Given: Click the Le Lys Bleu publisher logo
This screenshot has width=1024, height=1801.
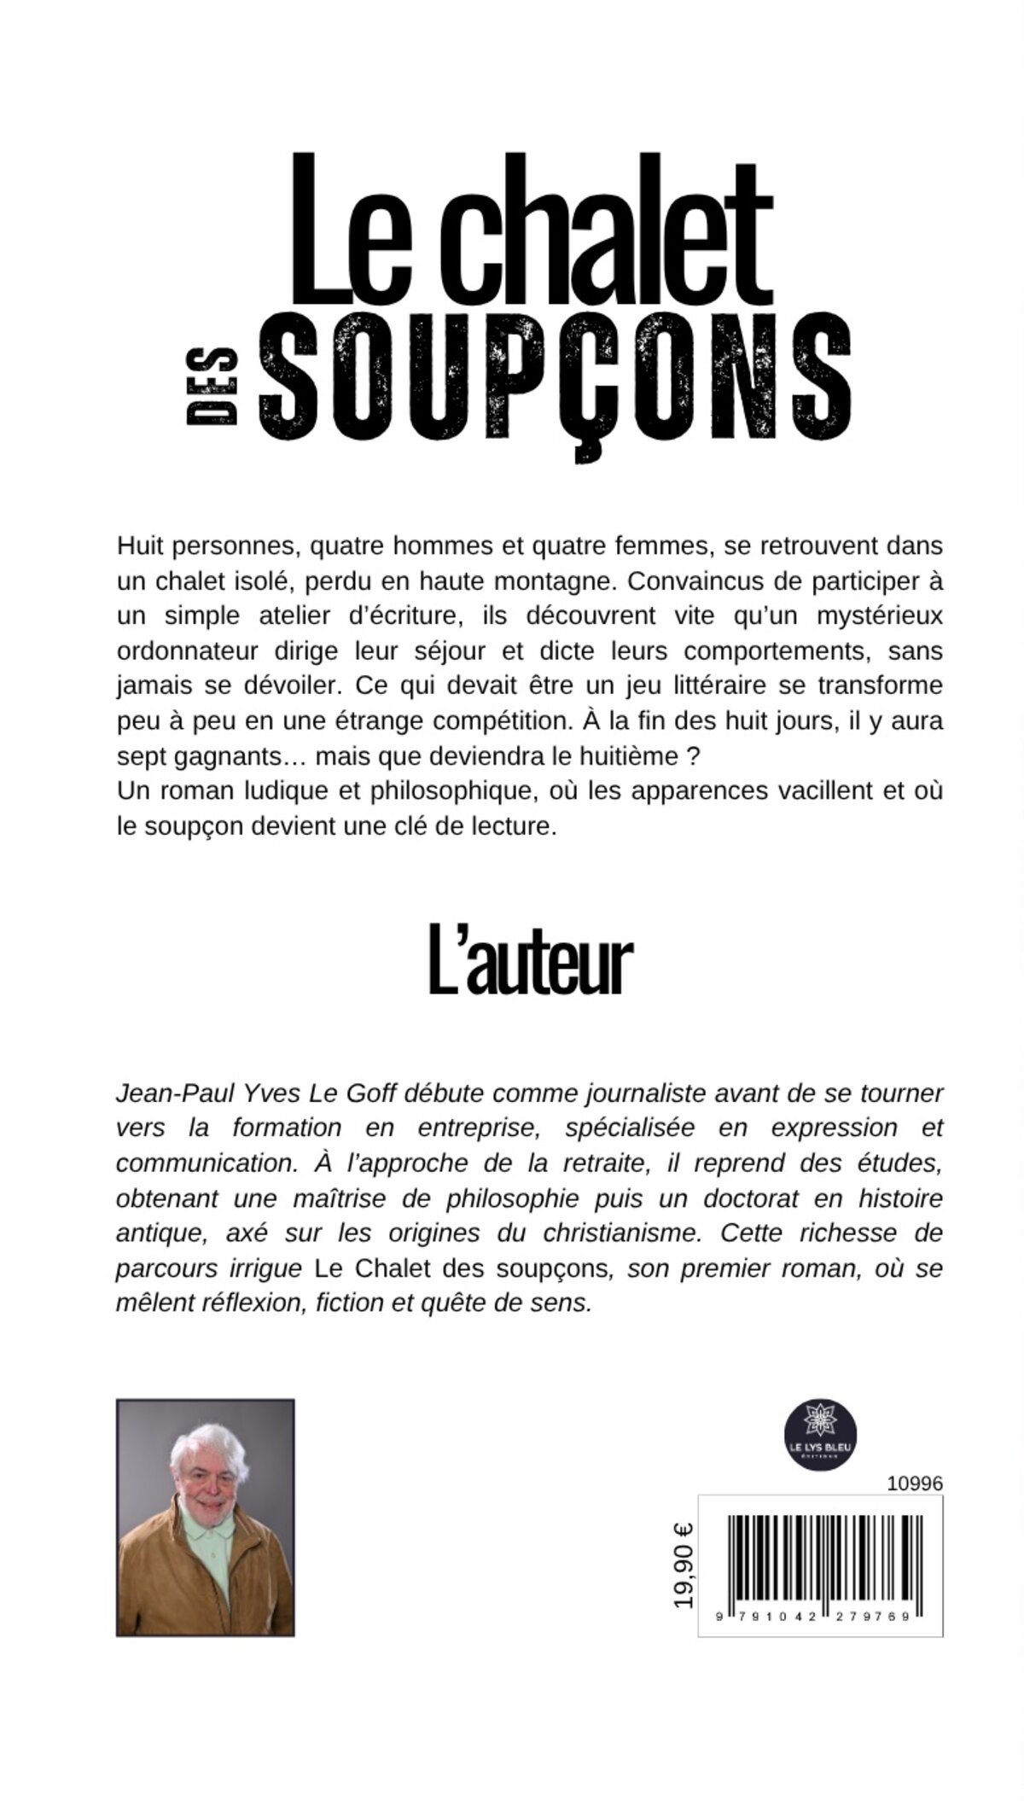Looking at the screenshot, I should tap(820, 1434).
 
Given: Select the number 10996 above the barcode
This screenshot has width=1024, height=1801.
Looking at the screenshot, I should tap(915, 1483).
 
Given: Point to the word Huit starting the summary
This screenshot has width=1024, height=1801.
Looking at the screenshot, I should tap(140, 545).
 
